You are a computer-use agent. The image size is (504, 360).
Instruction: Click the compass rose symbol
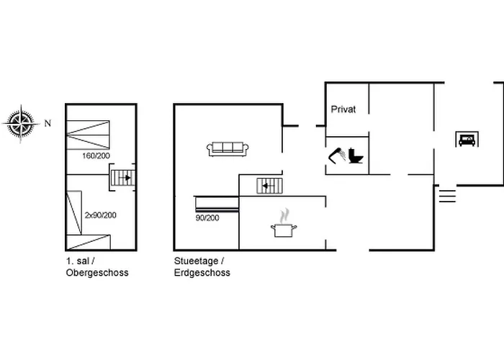(x=21, y=123)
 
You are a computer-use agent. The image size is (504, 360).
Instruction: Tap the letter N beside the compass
(x=48, y=123)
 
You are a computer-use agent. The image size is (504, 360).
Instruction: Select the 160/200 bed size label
(x=96, y=156)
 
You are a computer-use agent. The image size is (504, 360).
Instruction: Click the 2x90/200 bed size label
(x=101, y=215)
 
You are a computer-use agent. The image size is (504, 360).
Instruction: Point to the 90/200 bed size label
(x=207, y=218)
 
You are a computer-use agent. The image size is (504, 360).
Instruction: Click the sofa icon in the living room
(x=228, y=149)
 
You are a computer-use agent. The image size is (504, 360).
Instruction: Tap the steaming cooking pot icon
(x=284, y=223)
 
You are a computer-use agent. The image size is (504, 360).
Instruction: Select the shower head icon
(x=337, y=155)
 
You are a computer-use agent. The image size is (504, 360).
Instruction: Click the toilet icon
(x=356, y=156)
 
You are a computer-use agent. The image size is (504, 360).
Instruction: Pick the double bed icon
(x=467, y=139)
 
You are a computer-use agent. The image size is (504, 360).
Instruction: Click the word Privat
(x=343, y=109)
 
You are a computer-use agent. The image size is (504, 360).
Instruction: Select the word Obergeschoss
(x=97, y=273)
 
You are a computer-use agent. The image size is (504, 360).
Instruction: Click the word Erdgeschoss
(x=202, y=273)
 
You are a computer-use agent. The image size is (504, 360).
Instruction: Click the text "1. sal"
(x=78, y=261)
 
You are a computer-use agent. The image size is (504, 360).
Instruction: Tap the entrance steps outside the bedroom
(x=447, y=196)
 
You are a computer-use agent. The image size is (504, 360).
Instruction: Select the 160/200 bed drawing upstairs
(x=88, y=135)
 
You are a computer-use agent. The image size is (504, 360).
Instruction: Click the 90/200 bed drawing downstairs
(x=217, y=204)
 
